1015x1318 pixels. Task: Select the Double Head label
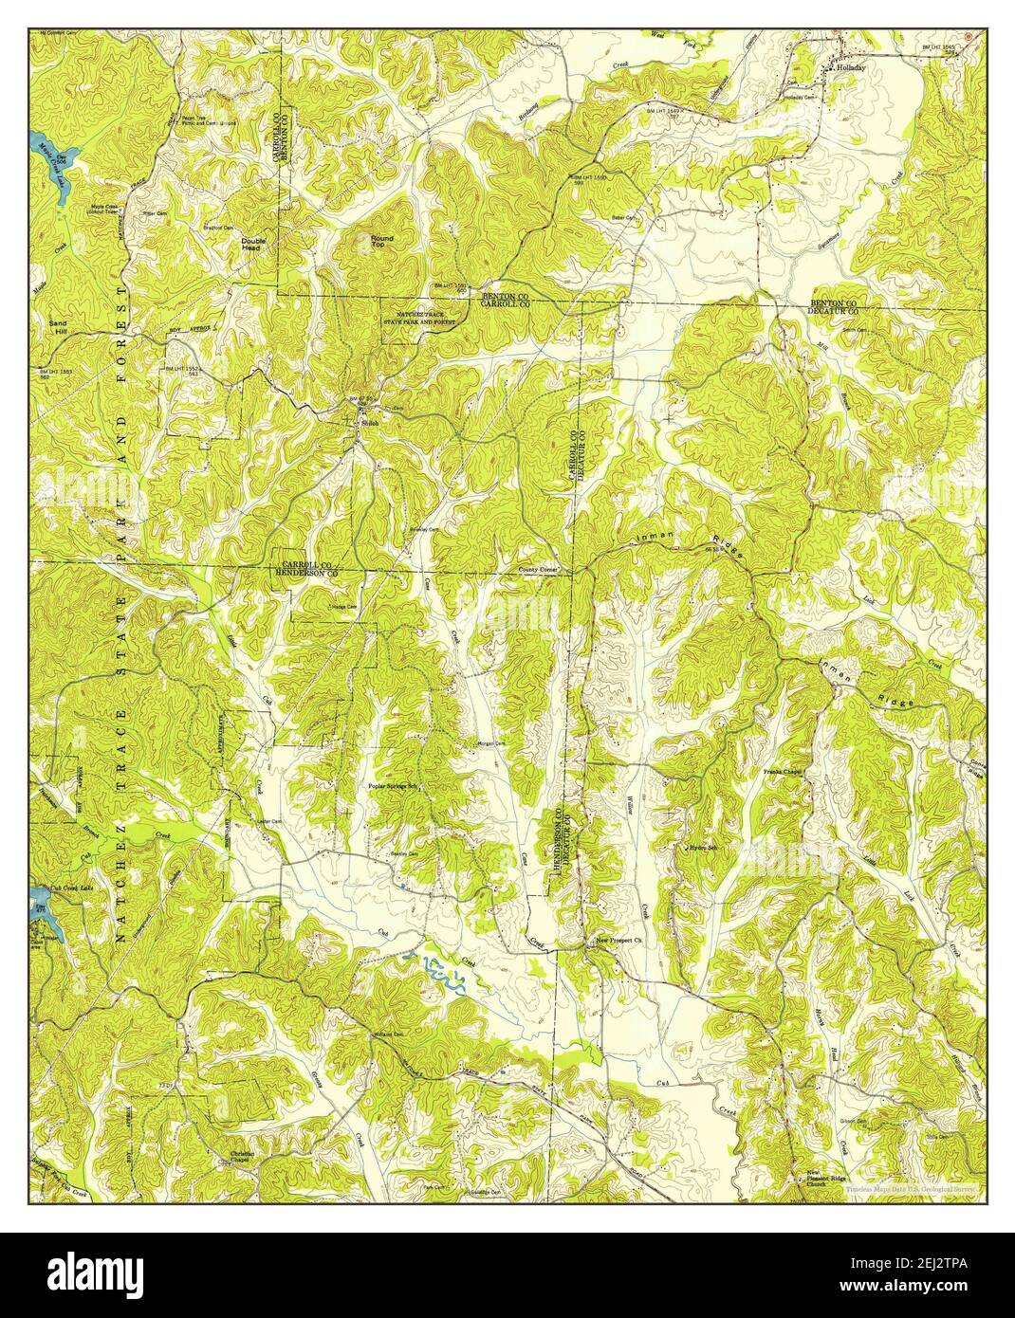tap(254, 244)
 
